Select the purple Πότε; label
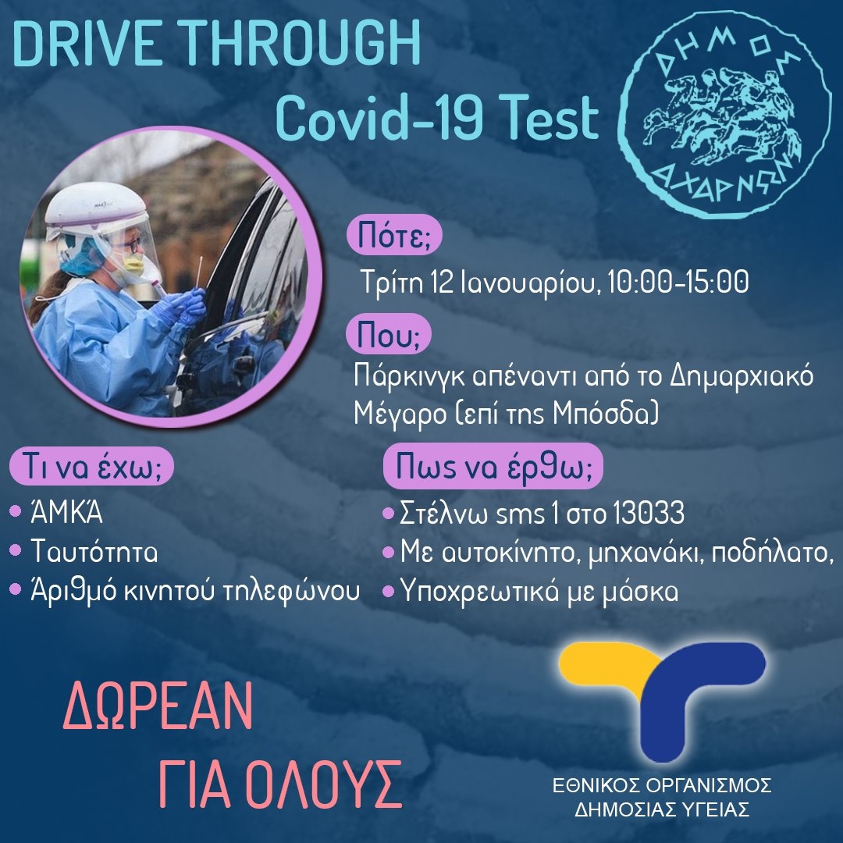pyautogui.click(x=394, y=237)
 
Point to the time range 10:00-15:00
pyautogui.click(x=678, y=281)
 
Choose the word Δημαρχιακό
pyautogui.click(x=742, y=378)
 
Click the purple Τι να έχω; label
pyautogui.click(x=91, y=467)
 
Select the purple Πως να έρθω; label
pyautogui.click(x=493, y=466)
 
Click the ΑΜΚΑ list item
pyautogui.click(x=66, y=512)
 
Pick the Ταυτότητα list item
pyautogui.click(x=94, y=550)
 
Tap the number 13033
pyautogui.click(x=648, y=513)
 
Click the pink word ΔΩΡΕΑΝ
pyautogui.click(x=158, y=706)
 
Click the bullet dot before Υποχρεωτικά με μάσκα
pyautogui.click(x=388, y=592)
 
